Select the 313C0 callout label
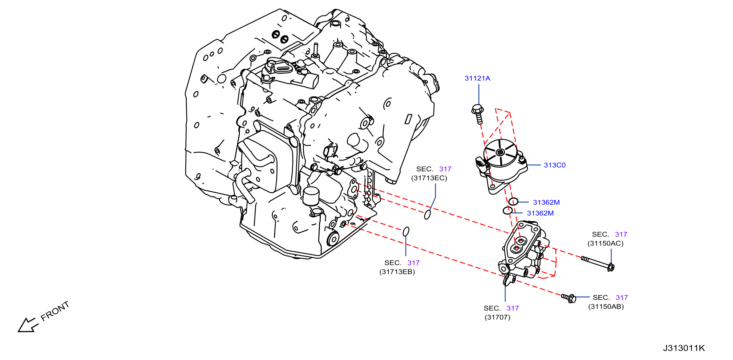pyautogui.click(x=555, y=165)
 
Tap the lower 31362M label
pyautogui.click(x=540, y=213)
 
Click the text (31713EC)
pyautogui.click(x=429, y=178)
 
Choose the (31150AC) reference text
pyautogui.click(x=605, y=243)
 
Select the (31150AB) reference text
pyautogui.click(x=606, y=307)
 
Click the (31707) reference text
pyautogui.click(x=497, y=317)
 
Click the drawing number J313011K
pyautogui.click(x=684, y=348)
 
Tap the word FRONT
pyautogui.click(x=55, y=311)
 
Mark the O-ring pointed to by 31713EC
pyautogui.click(x=427, y=214)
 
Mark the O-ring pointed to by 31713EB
pyautogui.click(x=406, y=231)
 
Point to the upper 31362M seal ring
pyautogui.click(x=513, y=202)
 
